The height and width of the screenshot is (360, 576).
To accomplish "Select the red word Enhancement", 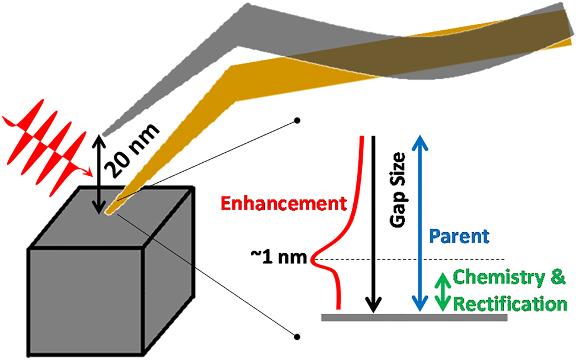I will click(x=283, y=204).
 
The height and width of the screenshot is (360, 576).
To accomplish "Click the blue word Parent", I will click(x=459, y=236).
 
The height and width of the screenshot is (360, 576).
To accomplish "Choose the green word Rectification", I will click(x=505, y=304).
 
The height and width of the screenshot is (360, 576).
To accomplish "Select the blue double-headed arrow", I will click(x=419, y=223).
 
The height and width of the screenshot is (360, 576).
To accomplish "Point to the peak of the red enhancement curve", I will click(x=315, y=259).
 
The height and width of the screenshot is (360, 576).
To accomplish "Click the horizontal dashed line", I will click(x=415, y=259).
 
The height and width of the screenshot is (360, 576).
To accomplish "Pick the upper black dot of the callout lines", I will click(x=297, y=122).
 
